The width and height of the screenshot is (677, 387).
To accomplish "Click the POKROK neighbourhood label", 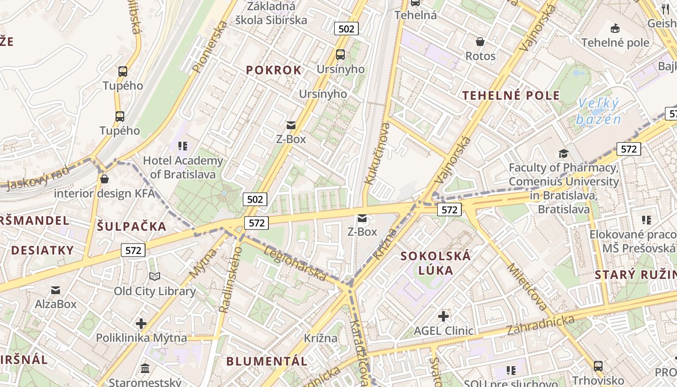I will pos(274,70).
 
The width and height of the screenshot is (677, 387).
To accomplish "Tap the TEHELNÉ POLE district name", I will pos(511,95).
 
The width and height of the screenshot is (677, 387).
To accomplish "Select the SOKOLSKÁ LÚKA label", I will pos(436,263).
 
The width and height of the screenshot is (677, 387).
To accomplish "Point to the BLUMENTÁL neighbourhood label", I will pos(266,361).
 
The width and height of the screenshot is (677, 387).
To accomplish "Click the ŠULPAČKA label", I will pos(132,226).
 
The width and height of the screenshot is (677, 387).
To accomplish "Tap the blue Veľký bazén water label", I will pos(598,111).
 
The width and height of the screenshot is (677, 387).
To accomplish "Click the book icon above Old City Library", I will pos(155,276).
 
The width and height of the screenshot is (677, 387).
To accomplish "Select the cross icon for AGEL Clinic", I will pos(443,316).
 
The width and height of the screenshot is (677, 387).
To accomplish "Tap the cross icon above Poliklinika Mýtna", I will pos(141,323).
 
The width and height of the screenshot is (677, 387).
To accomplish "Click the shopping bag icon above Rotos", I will pos(480,42).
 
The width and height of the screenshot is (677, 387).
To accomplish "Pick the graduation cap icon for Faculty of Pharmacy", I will pos(563,153).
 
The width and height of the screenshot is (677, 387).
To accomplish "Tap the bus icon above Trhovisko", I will pos(598,366).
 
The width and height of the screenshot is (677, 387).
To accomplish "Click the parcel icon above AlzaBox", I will pos(56,290).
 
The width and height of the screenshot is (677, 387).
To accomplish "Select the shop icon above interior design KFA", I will pos(104,179).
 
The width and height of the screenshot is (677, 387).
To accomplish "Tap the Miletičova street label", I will pos(527,287).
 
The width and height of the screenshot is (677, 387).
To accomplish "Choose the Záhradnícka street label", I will pos(541,325).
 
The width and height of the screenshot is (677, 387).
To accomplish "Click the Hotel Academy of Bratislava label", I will pos(183,167).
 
